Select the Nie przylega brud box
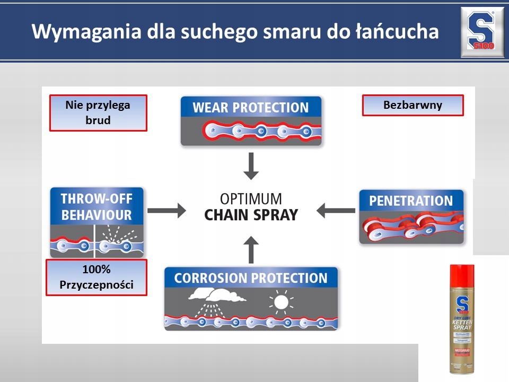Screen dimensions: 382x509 coord(98,112)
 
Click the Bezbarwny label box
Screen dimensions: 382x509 coord(413,105)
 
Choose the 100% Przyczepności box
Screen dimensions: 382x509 coord(96,277)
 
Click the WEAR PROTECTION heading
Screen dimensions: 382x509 coord(251,108)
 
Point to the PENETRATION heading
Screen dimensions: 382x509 coord(411,201)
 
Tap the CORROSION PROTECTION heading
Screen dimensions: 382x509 coord(251,278)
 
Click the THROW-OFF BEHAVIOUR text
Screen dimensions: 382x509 coord(96,207)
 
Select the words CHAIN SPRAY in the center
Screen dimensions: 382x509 coord(251,215)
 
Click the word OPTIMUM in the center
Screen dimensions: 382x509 coord(252,199)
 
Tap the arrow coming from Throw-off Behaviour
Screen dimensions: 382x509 coord(166,210)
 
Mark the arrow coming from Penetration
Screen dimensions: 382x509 coord(336,211)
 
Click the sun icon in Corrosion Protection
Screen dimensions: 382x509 coord(281,302)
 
